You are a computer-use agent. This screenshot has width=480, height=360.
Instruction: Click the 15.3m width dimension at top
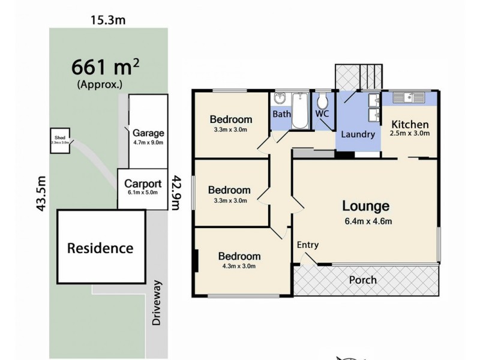pos(108,20)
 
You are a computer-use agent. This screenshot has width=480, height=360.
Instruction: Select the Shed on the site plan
pos(59,140)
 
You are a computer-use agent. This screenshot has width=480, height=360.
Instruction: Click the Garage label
pos(148,133)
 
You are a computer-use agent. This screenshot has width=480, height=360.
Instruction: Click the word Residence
pos(100,247)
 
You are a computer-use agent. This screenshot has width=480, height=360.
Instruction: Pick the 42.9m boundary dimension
pos(175,193)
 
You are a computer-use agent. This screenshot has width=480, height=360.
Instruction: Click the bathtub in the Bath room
pos(300,111)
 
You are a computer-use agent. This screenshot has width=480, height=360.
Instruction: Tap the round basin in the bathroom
pos(280,100)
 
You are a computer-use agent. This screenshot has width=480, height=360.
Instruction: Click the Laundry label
pos(358,134)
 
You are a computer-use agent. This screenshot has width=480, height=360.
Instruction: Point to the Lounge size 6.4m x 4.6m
pos(365,221)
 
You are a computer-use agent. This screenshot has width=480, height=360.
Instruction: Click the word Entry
pos(308,245)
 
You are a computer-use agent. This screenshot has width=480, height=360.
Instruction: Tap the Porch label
pos(363,280)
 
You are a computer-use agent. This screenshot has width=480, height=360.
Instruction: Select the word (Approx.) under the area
pos(100,85)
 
